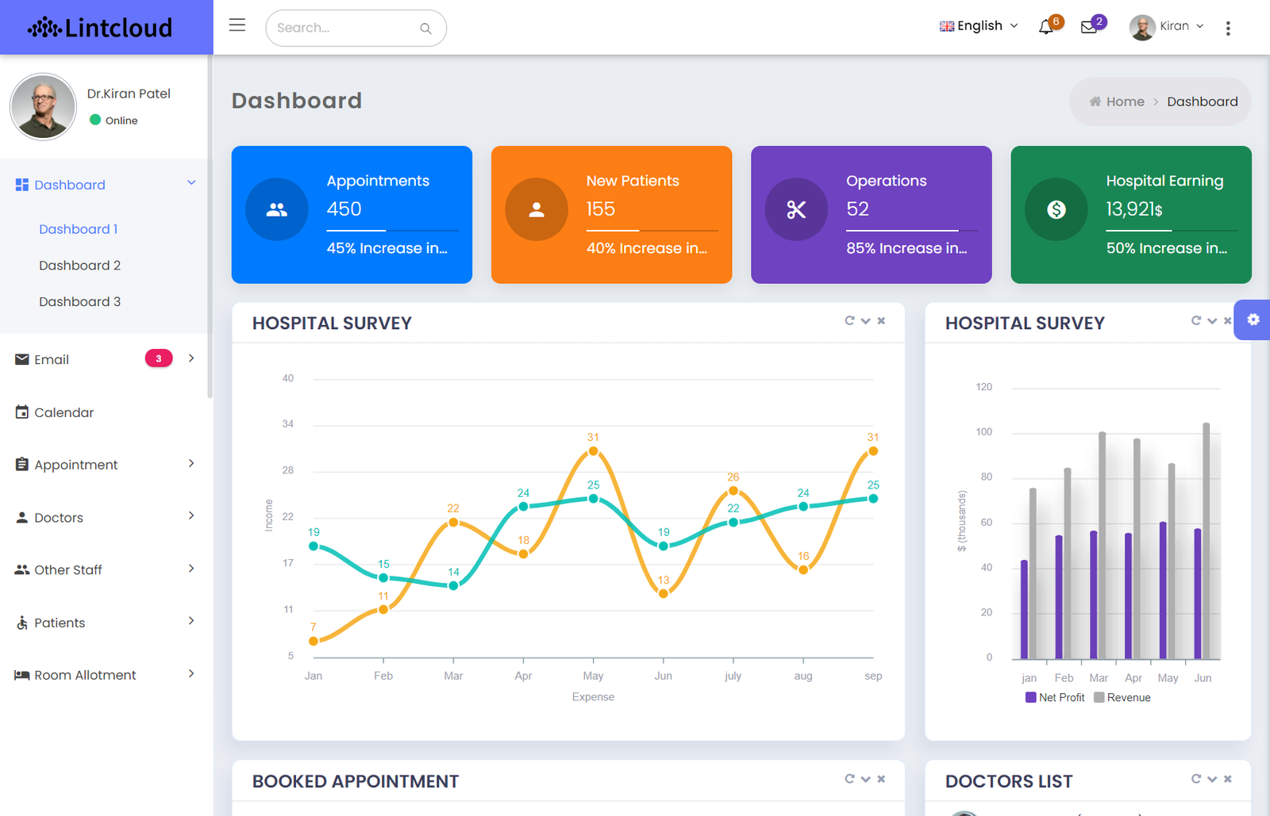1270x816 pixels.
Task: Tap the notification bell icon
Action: point(1045,27)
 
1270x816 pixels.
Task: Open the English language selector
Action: point(979,26)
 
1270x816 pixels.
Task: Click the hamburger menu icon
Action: point(237,25)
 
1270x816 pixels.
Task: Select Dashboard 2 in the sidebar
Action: point(80,266)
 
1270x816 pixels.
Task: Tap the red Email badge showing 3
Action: point(159,358)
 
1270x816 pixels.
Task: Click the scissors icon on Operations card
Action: point(796,209)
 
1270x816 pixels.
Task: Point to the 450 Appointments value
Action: point(344,209)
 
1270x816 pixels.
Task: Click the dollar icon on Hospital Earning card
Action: point(1056,209)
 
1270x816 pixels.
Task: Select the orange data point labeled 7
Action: point(314,641)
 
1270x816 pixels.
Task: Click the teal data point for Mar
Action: point(453,585)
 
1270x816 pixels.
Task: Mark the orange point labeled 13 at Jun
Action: point(664,593)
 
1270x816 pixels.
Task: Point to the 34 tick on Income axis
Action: point(288,423)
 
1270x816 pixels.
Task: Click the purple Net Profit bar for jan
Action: point(1024,609)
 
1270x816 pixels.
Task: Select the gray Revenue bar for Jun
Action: point(1206,541)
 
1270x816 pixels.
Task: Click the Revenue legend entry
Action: point(1122,698)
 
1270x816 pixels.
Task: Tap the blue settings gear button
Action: point(1253,320)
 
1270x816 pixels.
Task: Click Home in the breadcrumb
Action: point(1126,102)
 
